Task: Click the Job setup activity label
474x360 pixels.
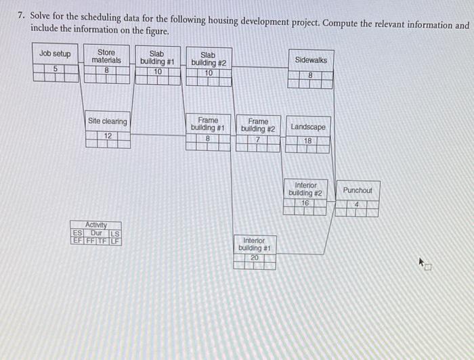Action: [55, 53]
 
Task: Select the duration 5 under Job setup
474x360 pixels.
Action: [55, 68]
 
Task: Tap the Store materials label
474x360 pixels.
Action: [106, 56]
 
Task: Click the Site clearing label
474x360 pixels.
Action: [107, 122]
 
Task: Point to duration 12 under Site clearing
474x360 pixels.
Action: [107, 136]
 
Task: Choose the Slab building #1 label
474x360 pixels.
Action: [157, 58]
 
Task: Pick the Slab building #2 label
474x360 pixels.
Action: [208, 59]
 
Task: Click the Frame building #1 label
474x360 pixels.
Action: [208, 124]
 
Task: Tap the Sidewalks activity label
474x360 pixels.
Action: [311, 60]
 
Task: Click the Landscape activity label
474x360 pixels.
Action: [308, 127]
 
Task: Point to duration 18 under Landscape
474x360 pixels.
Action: [308, 141]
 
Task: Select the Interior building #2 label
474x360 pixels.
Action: [305, 189]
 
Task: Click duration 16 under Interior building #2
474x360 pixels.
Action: [305, 202]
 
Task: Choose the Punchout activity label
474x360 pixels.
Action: [357, 190]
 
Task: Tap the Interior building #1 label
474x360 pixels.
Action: [255, 244]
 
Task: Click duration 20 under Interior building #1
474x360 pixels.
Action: [255, 257]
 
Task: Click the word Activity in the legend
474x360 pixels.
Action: [96, 225]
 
